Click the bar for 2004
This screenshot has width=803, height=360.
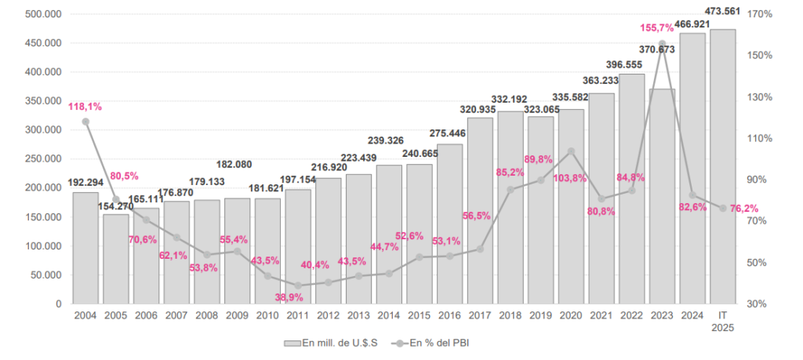[x=85, y=248]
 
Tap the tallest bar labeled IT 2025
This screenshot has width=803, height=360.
[x=722, y=166]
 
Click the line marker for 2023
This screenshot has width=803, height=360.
[x=662, y=44]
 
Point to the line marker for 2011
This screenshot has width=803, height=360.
[x=298, y=285]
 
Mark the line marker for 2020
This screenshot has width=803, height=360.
[x=571, y=151]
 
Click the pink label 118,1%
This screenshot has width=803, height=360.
[x=85, y=107]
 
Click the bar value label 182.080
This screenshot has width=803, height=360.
[x=237, y=165]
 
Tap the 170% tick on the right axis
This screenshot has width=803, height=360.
[x=761, y=14]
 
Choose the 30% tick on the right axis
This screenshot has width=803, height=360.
[x=761, y=304]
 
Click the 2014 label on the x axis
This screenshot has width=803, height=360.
[x=389, y=315]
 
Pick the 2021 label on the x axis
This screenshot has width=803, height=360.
[x=601, y=315]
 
